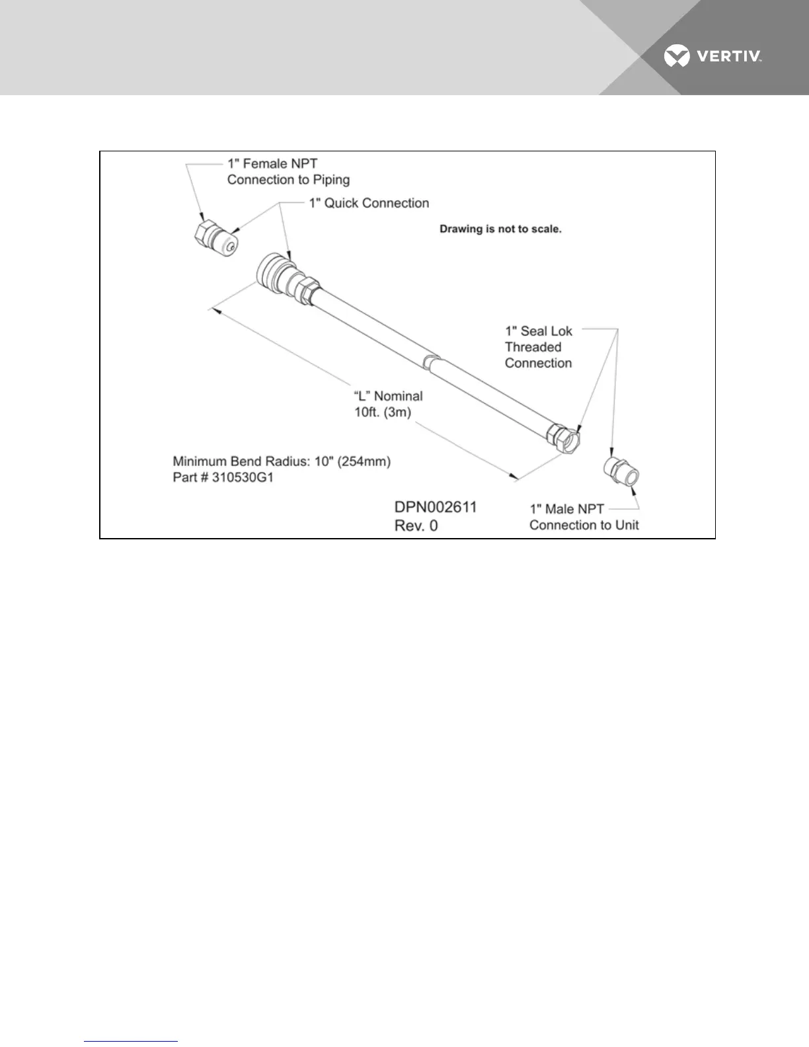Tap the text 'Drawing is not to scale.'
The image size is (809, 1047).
coord(500,229)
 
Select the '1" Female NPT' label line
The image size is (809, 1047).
coord(272,163)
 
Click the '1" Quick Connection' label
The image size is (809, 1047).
coord(369,203)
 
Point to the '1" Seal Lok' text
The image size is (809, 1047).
coord(539,330)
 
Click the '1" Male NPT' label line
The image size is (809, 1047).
coord(566,510)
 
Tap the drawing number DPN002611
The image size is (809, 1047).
coord(435,508)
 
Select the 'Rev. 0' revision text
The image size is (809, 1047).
coord(416,526)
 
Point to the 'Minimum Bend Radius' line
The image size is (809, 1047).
coord(282,461)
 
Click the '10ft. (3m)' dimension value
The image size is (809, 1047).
coord(383,411)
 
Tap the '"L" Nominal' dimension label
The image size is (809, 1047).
coord(388,396)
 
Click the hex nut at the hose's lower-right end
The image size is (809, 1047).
coord(564,438)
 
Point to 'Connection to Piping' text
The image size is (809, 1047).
coord(288,180)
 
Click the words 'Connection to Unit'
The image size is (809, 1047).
coord(584,525)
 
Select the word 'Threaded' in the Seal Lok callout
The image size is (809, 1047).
coord(533,347)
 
